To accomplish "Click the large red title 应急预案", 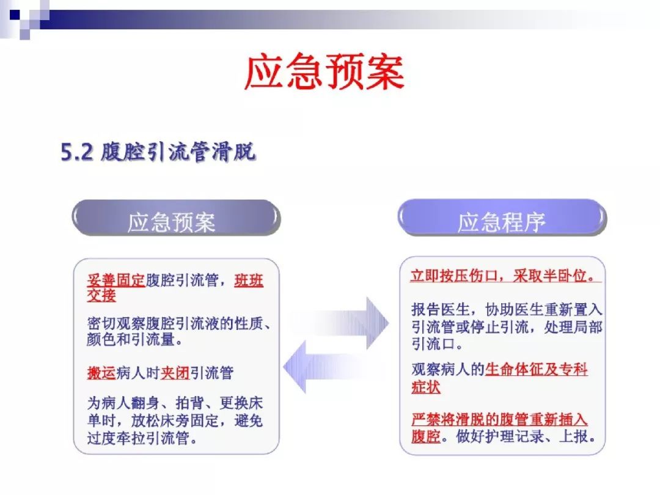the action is (324, 71).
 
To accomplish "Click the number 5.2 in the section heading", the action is (76, 152).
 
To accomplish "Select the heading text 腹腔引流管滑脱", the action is (178, 152).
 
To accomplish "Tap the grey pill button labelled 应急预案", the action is (176, 218).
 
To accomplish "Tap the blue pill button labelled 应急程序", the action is (502, 217).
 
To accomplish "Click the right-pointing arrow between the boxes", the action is (341, 323).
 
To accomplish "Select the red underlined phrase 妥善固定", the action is (116, 280).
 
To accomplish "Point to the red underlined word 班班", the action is (249, 280).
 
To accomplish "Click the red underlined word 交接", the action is (101, 295).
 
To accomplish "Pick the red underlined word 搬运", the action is (101, 373).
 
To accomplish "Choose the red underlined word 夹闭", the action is (175, 373).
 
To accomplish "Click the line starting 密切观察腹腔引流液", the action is (179, 324).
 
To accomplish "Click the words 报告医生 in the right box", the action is (440, 310).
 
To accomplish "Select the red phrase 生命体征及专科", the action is (537, 369).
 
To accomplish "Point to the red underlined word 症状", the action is (425, 387).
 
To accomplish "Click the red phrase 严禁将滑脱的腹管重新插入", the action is (499, 419).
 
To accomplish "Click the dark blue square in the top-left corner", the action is (15, 15).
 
